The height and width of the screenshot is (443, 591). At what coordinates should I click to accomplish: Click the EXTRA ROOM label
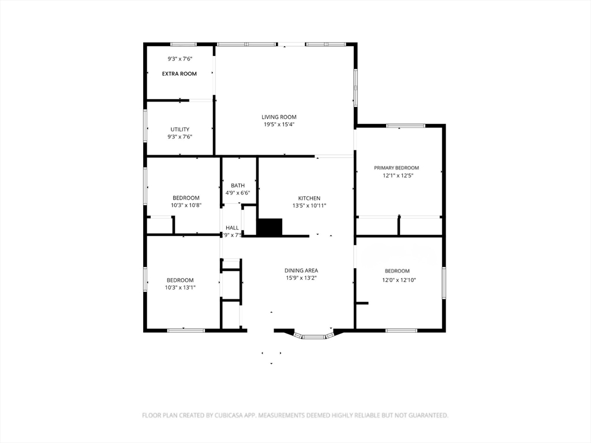pos(179,74)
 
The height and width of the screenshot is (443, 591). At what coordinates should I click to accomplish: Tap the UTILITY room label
pos(179,129)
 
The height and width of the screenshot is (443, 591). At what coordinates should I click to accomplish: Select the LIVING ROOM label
pos(279,117)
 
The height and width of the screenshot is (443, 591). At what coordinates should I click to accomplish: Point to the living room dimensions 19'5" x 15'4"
pos(279,125)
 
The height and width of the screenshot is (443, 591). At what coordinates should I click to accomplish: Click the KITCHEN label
pos(309,198)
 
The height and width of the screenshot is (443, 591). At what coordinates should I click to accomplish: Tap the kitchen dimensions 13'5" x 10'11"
pos(309,206)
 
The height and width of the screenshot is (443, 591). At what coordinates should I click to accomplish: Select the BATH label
pos(238,186)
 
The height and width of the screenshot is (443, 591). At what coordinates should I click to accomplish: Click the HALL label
pos(232,228)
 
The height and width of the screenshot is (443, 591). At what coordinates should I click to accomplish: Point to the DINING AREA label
pos(301,271)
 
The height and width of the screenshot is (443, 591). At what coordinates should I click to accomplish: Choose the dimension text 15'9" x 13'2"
pos(301,278)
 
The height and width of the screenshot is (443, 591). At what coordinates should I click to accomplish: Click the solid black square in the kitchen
pos(269,227)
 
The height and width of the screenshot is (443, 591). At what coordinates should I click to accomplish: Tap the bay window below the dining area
pos(314,336)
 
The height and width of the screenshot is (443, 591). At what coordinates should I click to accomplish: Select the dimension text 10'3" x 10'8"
pos(186,205)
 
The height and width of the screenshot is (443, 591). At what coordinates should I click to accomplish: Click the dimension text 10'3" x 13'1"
pos(181,287)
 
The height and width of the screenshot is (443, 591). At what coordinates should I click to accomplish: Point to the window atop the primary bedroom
pos(405,126)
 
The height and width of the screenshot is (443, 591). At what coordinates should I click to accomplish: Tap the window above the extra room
pos(183,44)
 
